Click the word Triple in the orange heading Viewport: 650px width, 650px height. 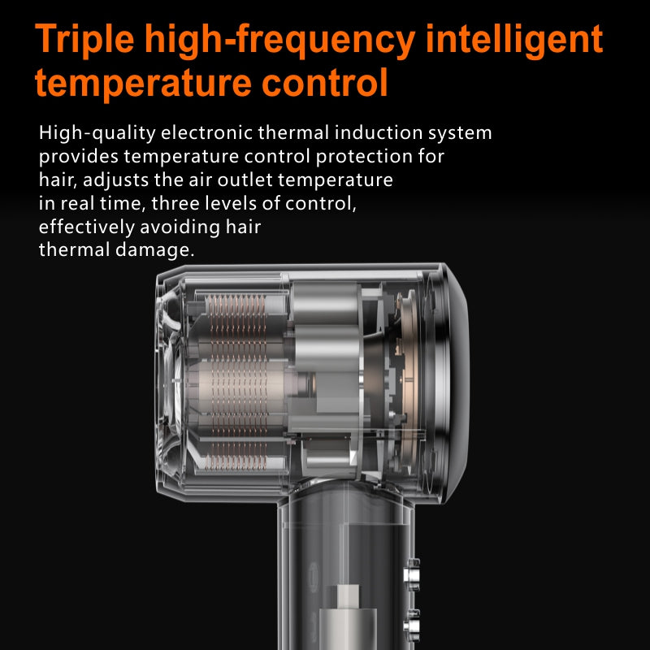(x=84, y=40)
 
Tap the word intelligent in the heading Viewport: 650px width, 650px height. (x=514, y=38)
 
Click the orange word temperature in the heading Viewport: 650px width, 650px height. (x=144, y=84)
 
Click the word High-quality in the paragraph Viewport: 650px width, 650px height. (x=97, y=133)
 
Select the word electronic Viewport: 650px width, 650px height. (x=207, y=132)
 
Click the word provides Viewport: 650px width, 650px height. (x=79, y=157)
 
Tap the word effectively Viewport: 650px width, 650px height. (x=87, y=227)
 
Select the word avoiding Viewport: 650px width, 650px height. (x=180, y=227)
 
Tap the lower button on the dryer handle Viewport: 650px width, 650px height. (x=412, y=625)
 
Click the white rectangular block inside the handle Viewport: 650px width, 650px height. (x=349, y=596)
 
